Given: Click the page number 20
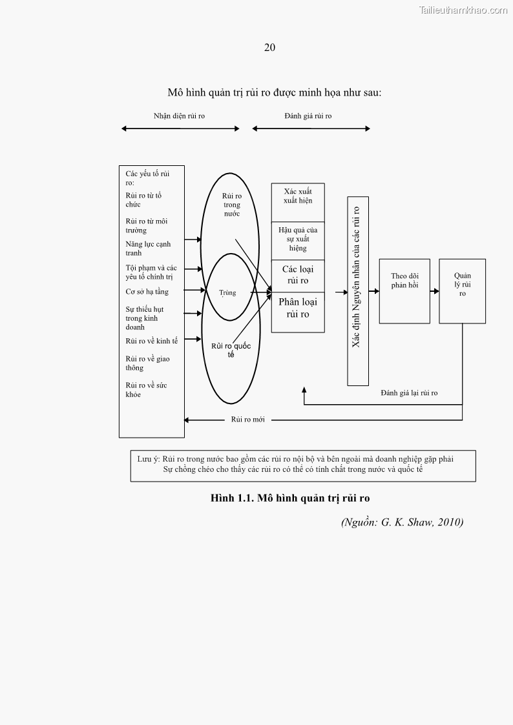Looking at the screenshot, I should coord(270,47).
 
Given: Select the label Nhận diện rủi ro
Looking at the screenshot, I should coord(179,116).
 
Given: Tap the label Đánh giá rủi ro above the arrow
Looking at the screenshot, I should coord(308,116).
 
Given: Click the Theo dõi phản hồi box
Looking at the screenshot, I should coord(404,291).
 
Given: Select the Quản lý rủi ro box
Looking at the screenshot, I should coord(462,291).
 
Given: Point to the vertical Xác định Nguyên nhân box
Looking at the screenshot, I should coord(357,291).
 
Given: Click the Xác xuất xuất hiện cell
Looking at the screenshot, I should coord(298,196).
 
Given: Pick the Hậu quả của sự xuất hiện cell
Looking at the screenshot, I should coord(298,239).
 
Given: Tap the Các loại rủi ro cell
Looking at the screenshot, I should coord(298,275).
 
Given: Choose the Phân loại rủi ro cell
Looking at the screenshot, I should coord(298,308).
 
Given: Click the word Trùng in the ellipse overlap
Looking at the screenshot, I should coord(227,292).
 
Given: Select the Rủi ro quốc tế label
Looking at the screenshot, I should coord(231,350).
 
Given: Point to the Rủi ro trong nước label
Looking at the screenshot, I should coord(231,205).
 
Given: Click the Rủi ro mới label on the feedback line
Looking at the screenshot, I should coord(248,420).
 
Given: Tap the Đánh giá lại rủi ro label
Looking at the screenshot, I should coord(409,393).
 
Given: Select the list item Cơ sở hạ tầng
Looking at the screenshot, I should coord(147,292).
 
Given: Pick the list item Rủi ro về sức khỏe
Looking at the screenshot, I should coord(146,390).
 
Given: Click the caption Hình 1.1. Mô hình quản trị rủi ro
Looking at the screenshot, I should coord(290,498).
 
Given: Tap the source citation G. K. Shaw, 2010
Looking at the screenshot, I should coord(402,522).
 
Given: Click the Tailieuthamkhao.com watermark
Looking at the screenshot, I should coord(463,10).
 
